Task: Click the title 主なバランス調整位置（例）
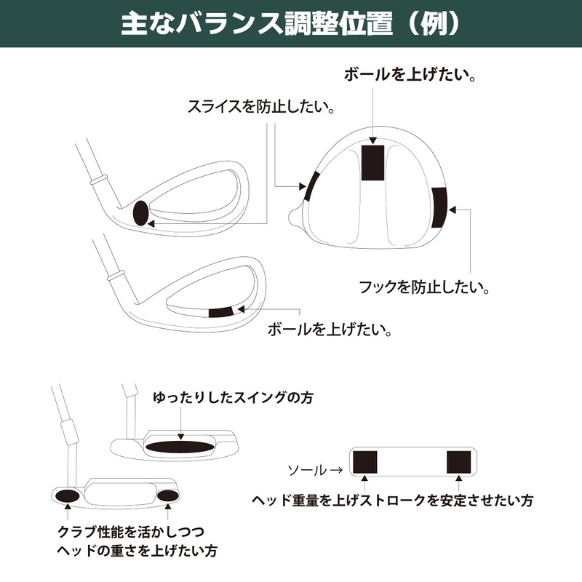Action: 291,23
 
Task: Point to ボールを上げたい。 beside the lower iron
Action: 331,330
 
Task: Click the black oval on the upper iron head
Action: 141,212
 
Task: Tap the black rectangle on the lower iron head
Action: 219,311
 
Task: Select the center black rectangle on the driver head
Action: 373,162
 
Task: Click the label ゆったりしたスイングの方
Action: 226,398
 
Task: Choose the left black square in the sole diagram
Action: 364,461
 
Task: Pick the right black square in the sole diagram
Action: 459,461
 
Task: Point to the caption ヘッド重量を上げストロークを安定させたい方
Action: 393,501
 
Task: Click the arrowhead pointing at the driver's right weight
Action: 453,210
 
